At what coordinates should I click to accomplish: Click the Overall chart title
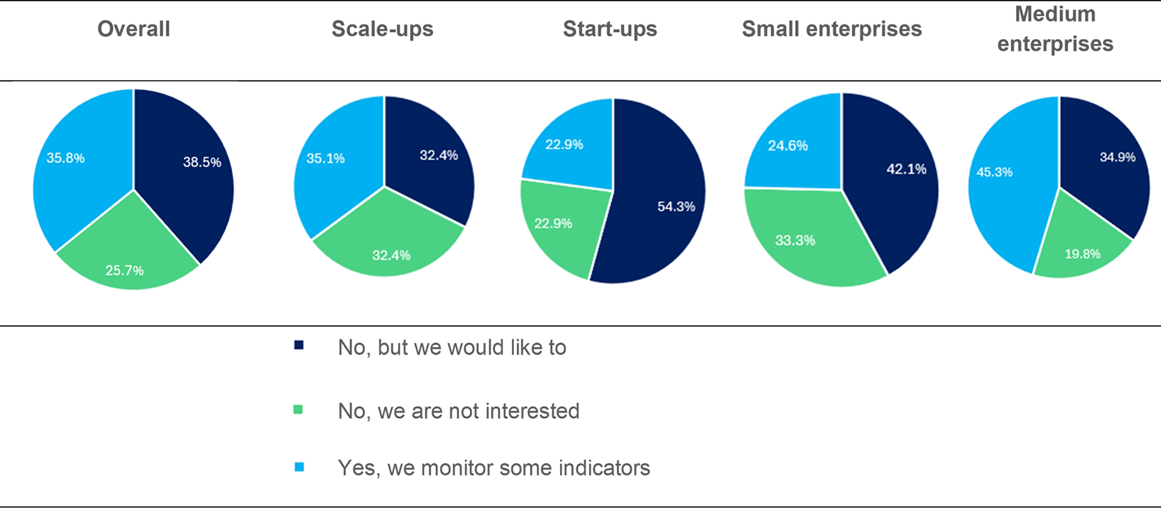coord(134,29)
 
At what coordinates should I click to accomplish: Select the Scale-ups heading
coord(383,29)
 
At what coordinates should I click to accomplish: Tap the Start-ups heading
coord(610,29)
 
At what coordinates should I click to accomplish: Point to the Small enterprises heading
coord(832,29)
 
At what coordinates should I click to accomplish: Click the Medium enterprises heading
coord(1055,29)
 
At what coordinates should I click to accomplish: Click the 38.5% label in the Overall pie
coord(202,162)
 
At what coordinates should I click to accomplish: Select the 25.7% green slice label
coord(124,270)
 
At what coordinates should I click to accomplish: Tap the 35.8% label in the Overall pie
coord(66,158)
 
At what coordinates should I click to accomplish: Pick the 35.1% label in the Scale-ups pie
coord(326,158)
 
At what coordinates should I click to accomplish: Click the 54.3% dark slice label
coord(676,207)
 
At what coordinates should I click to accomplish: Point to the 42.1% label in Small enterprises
coord(906,169)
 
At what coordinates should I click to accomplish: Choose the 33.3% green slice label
coord(795,240)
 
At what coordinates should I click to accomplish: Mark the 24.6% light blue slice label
coord(788,146)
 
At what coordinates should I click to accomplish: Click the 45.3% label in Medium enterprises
coord(994,172)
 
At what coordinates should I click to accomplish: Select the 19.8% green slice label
coord(1083,254)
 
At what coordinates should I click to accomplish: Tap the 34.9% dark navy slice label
coord(1118,157)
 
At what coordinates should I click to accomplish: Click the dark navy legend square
coord(298,346)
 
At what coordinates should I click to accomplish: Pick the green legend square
coord(298,410)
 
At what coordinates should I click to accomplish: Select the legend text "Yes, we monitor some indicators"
coord(494,468)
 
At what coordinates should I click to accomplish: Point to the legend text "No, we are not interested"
coord(459,411)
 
